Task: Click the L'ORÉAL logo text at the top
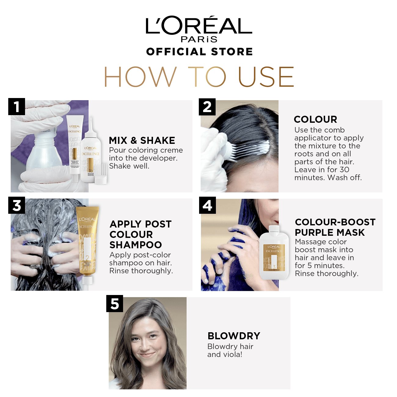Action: click(x=199, y=26)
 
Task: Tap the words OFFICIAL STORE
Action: click(x=199, y=52)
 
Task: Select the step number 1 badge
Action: click(x=16, y=107)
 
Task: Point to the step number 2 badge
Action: click(x=207, y=107)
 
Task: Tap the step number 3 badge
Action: click(x=16, y=206)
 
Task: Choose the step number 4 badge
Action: click(x=207, y=206)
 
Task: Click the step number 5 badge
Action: click(x=115, y=304)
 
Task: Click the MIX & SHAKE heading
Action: click(x=142, y=140)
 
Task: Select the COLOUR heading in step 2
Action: click(x=315, y=119)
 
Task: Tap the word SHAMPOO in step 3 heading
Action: click(x=136, y=245)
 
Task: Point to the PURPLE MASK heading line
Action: click(x=330, y=232)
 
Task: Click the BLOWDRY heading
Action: click(x=234, y=336)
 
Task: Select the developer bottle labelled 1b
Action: click(x=90, y=153)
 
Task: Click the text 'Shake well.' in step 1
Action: click(x=129, y=166)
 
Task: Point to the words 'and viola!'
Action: click(x=224, y=355)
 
